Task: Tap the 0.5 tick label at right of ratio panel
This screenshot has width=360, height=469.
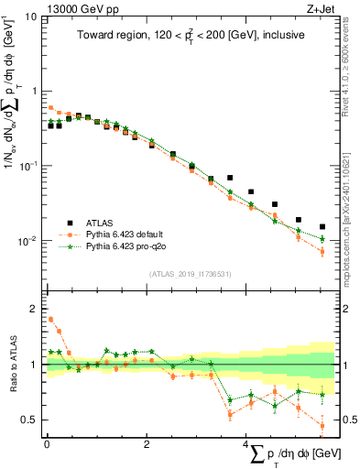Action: pyautogui.click(x=349, y=420)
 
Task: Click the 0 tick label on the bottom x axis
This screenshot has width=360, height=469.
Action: pyautogui.click(x=47, y=443)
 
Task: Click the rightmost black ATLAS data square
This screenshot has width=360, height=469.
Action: pyautogui.click(x=322, y=226)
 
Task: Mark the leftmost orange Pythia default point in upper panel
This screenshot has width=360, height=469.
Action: pyautogui.click(x=51, y=107)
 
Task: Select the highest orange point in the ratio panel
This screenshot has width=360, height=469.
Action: pyautogui.click(x=51, y=320)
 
